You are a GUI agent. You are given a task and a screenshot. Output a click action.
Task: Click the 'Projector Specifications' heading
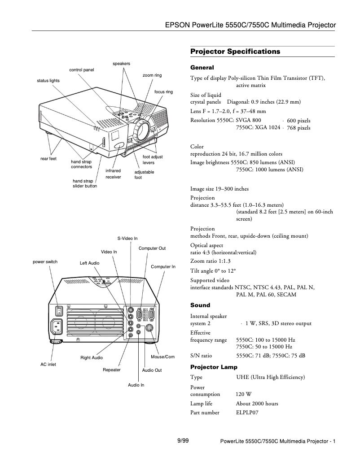point(235,52)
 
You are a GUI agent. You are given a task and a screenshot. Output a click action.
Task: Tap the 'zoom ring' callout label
point(152,75)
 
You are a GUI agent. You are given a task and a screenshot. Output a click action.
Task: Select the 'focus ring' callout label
point(163,92)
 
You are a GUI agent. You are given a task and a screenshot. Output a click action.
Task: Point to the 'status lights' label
point(48,81)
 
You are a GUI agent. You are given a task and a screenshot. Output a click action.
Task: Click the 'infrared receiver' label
point(113,174)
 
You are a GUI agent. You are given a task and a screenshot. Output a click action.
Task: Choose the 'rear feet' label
point(48,159)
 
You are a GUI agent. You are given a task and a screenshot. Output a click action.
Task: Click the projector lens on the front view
point(142,129)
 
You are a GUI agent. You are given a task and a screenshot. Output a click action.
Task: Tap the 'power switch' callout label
point(45,261)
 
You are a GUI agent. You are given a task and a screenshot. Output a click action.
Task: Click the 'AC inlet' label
point(48,365)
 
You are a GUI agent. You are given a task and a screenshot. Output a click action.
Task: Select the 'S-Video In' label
point(127,238)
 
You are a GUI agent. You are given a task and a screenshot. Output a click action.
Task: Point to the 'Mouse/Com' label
point(162,357)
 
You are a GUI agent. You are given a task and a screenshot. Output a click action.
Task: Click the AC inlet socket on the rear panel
point(58,327)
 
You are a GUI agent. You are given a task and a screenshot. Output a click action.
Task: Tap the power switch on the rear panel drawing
point(58,310)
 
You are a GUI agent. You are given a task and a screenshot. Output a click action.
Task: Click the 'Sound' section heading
point(200,305)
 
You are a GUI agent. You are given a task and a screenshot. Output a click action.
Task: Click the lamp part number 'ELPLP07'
point(247,413)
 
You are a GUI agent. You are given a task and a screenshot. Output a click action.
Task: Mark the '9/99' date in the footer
point(183,441)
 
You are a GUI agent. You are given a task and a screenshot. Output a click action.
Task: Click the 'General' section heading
point(202,68)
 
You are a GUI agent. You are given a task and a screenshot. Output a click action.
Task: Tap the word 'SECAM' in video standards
point(287,295)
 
